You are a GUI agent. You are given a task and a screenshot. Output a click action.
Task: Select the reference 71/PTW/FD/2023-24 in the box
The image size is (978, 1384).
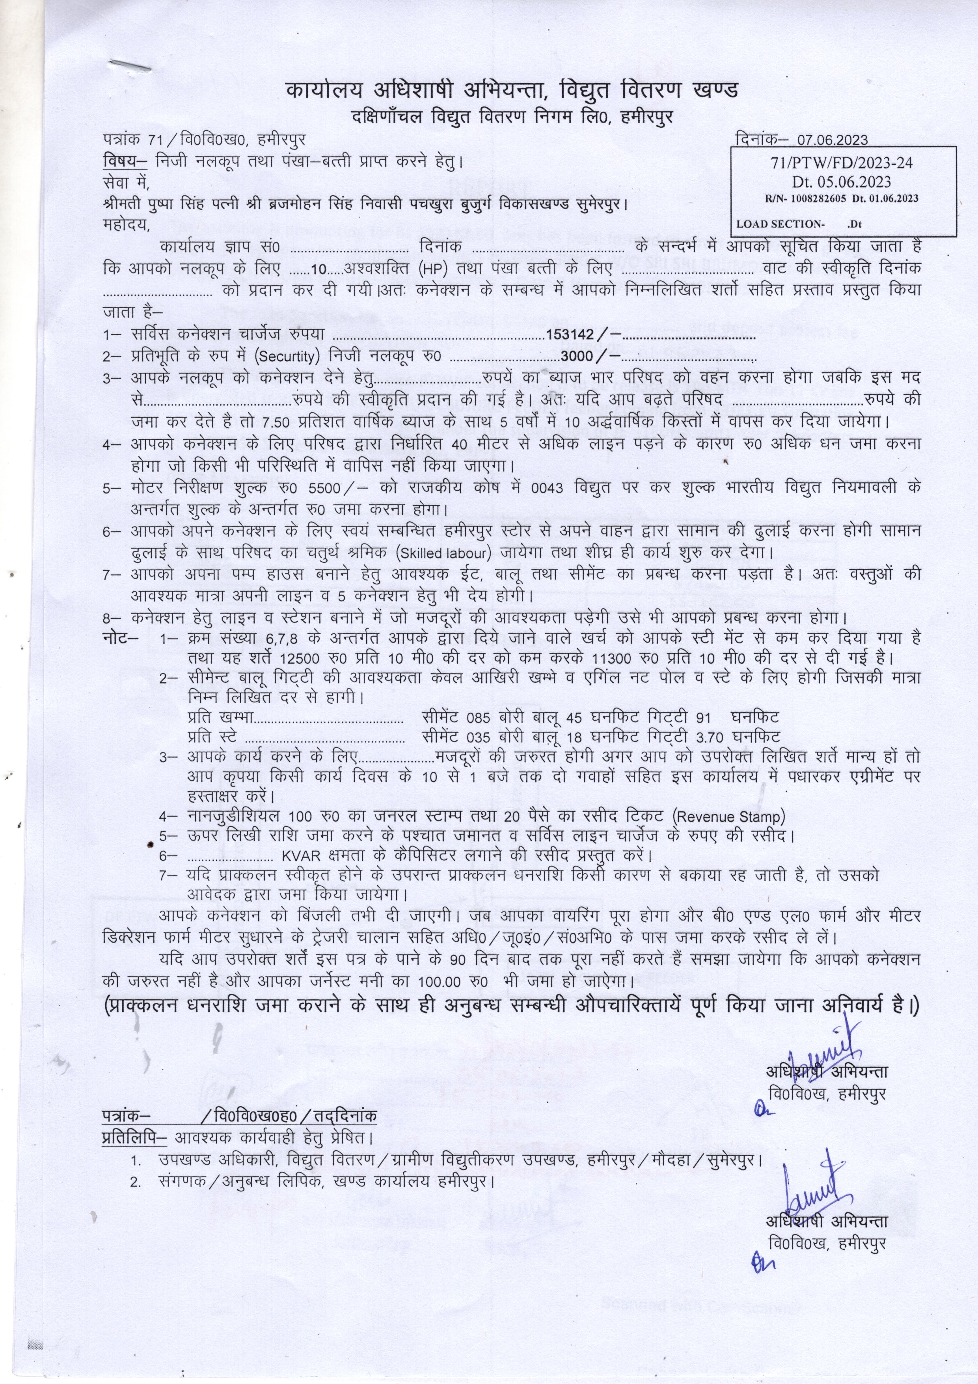[842, 163]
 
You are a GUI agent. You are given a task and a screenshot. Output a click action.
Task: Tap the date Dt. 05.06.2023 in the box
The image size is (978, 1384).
[842, 181]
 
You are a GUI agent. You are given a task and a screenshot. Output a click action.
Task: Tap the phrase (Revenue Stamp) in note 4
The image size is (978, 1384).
[728, 817]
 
